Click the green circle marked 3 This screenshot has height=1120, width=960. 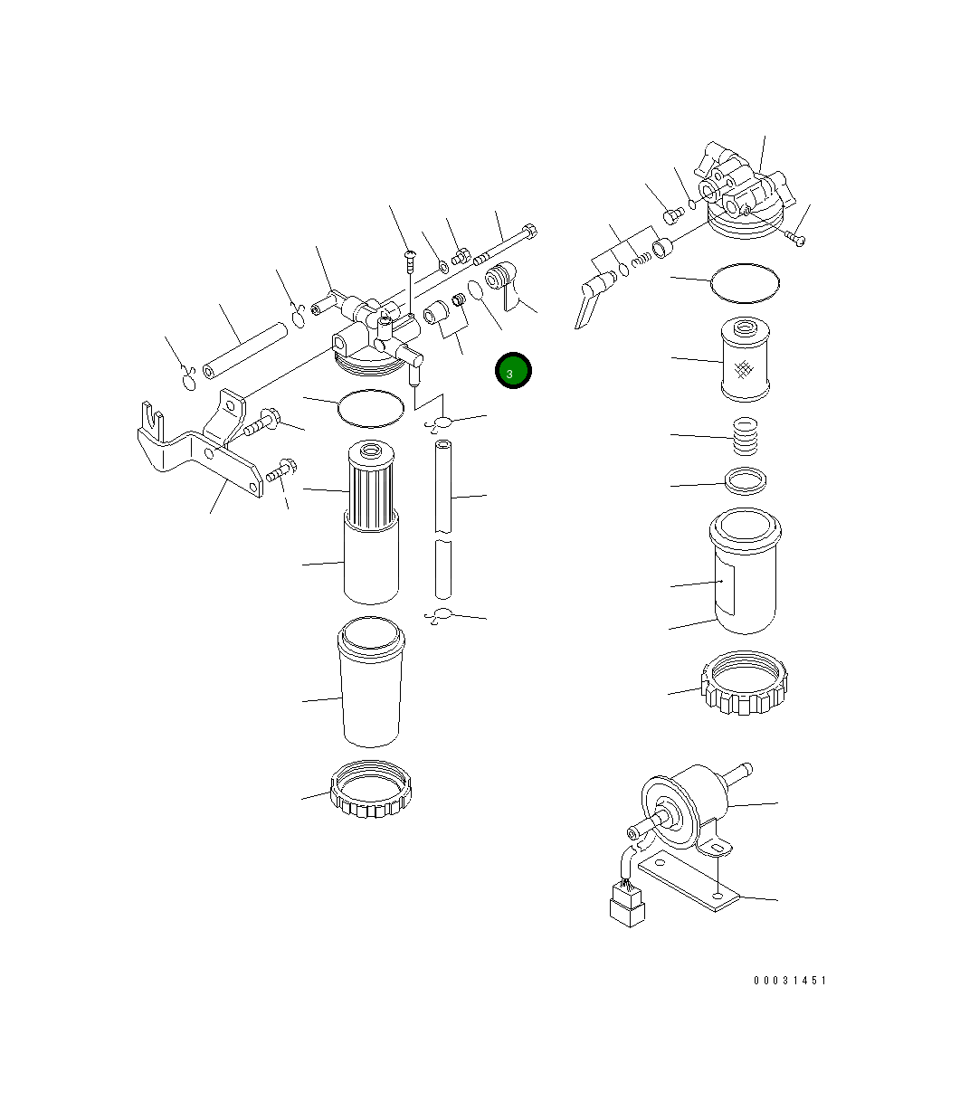pyautogui.click(x=513, y=371)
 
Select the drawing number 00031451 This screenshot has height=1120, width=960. pyautogui.click(x=789, y=981)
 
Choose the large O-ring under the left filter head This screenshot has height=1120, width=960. pyautogui.click(x=370, y=407)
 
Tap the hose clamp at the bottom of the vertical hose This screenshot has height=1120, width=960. pyautogui.click(x=441, y=616)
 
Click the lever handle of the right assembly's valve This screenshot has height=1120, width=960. pyautogui.click(x=586, y=302)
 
